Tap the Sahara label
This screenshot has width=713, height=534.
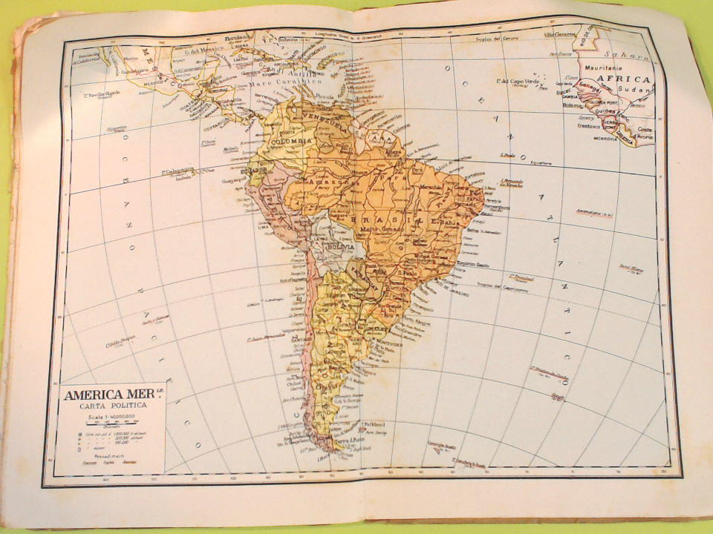(x=626, y=54)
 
